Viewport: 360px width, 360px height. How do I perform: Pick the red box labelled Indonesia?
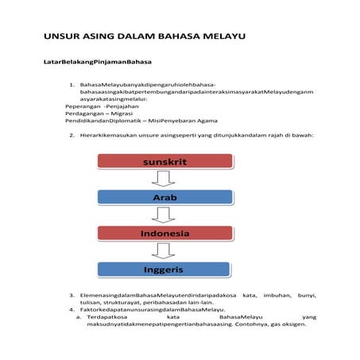[x=165, y=234]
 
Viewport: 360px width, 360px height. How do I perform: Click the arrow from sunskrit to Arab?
[x=165, y=180]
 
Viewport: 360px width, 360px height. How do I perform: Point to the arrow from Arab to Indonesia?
[x=165, y=215]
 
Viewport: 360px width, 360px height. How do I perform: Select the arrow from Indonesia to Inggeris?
[x=165, y=252]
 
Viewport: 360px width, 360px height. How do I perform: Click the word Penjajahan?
[x=125, y=106]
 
